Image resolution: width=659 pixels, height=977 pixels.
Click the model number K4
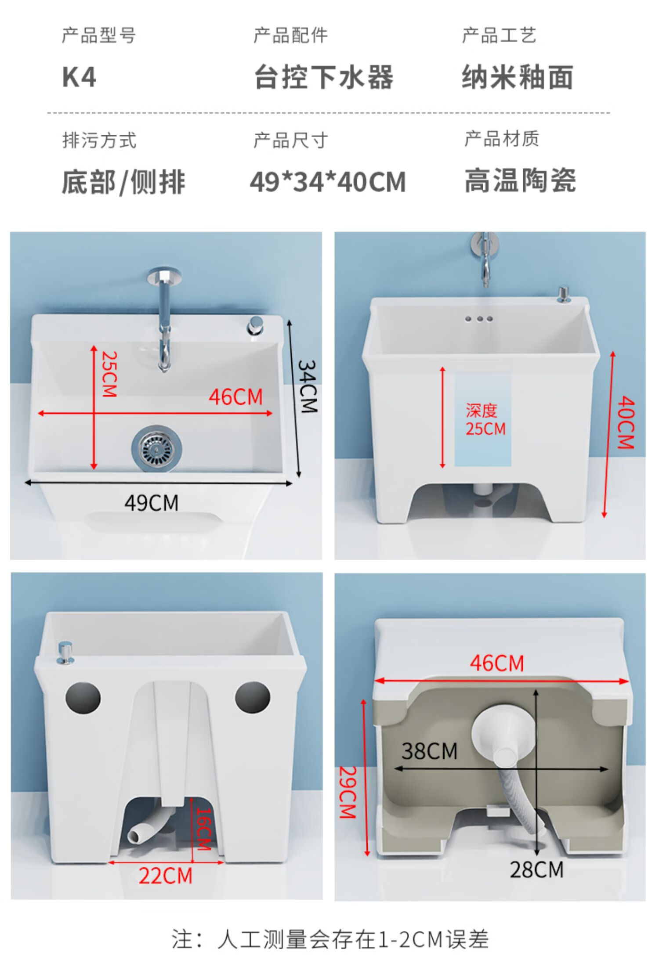(x=79, y=77)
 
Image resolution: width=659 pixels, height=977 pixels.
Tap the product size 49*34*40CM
(x=328, y=182)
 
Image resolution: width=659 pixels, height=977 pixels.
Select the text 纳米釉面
(x=518, y=77)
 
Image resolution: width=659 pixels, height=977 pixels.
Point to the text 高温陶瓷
(x=521, y=180)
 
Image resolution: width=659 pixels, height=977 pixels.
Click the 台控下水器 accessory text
(x=324, y=77)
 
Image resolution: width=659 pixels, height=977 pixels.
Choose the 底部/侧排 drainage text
(x=123, y=182)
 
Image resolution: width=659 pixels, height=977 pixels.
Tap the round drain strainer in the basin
(x=157, y=448)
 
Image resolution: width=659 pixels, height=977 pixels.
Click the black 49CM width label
(x=152, y=503)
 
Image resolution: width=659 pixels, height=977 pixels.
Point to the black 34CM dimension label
(x=308, y=386)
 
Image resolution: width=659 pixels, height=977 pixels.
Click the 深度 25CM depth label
(x=485, y=420)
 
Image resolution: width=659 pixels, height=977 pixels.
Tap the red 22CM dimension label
(x=166, y=876)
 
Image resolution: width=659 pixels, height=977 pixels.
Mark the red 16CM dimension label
(x=203, y=829)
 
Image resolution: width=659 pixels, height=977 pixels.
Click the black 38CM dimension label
(x=429, y=751)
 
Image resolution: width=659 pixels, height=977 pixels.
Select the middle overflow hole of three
(x=480, y=319)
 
